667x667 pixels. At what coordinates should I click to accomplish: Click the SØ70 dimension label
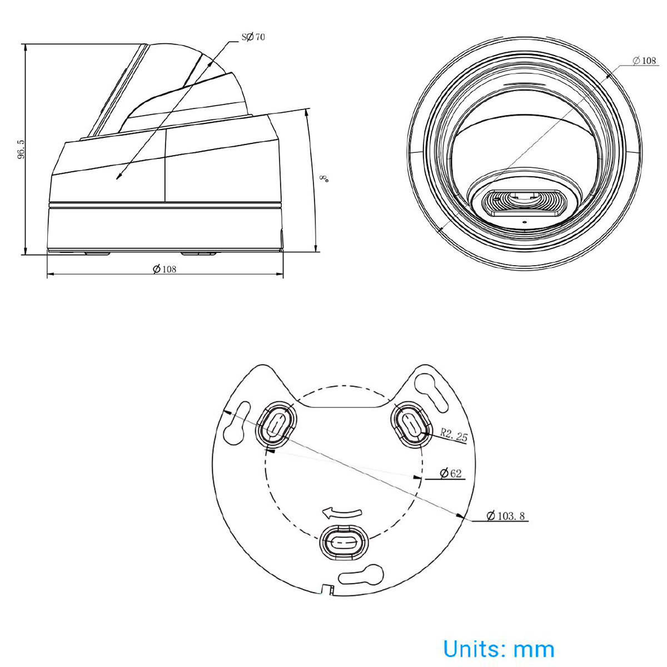click(253, 37)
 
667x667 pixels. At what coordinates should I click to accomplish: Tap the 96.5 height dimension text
click(21, 150)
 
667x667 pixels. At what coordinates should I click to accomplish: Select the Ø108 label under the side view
click(165, 269)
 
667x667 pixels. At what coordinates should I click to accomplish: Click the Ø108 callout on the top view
click(645, 61)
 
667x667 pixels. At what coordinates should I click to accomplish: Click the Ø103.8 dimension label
click(505, 516)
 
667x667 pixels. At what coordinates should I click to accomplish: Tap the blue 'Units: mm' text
click(499, 649)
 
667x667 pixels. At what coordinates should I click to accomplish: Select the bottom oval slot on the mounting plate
click(344, 541)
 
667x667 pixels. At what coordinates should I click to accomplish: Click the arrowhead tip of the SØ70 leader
click(117, 178)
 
